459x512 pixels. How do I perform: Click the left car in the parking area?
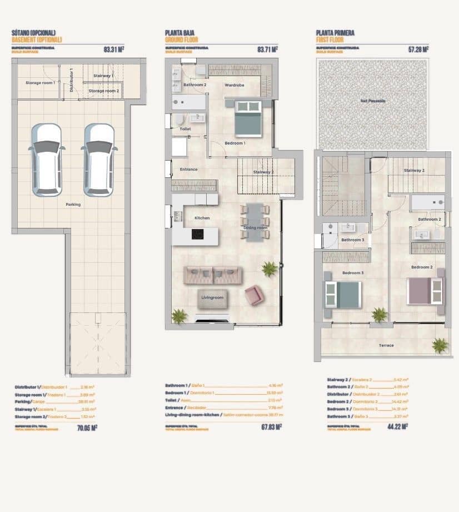tap(47, 160)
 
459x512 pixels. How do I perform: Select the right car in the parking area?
tap(99, 160)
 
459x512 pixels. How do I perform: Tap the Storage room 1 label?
tap(40, 83)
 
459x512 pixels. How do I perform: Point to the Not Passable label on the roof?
tap(373, 101)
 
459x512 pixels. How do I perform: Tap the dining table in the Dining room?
tap(255, 222)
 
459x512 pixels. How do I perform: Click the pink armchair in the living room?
tap(253, 295)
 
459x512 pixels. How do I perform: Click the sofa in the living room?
tap(213, 275)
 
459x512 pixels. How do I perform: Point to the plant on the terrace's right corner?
tap(440, 346)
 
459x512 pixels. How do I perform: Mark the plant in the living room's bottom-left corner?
tap(179, 316)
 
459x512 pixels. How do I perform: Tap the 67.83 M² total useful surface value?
tap(270, 427)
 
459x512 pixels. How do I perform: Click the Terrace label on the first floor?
tap(386, 345)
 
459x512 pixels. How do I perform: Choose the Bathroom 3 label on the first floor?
tap(352, 240)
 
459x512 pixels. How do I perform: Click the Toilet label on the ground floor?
tap(186, 129)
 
